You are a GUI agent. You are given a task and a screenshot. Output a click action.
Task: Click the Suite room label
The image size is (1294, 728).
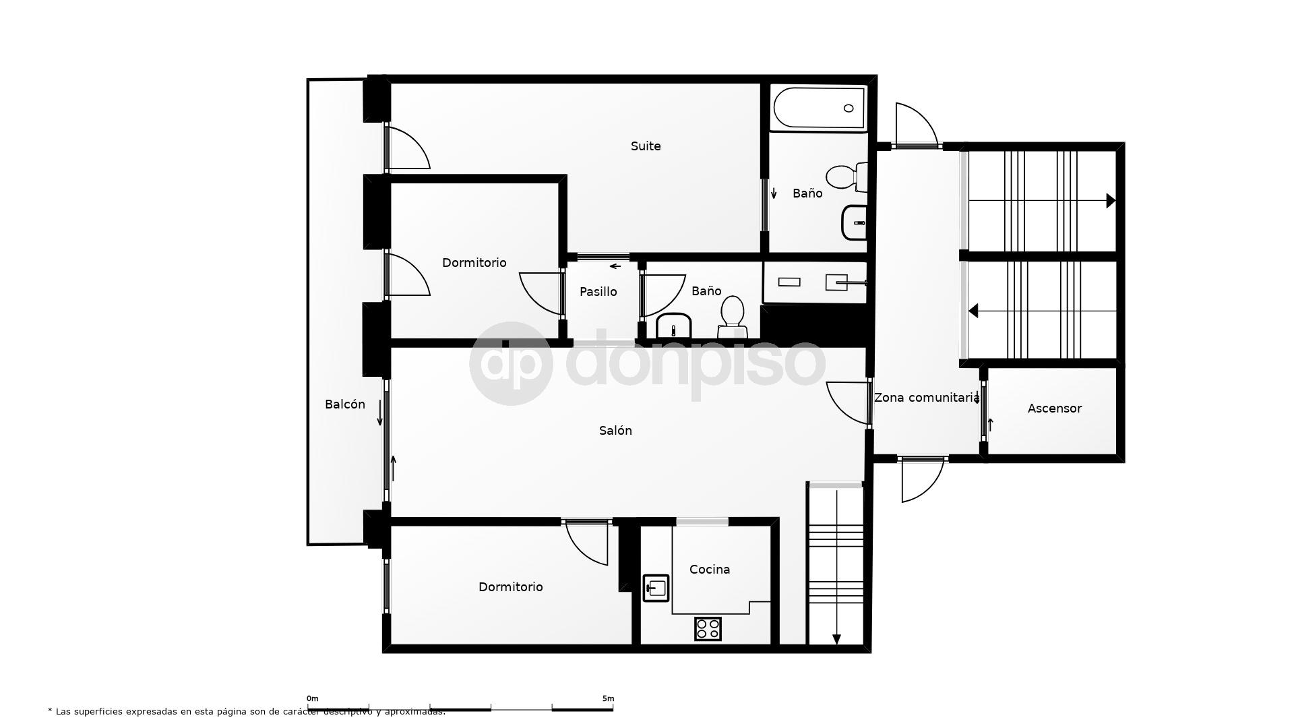click(645, 146)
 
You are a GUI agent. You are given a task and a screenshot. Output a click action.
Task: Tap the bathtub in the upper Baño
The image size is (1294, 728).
click(818, 109)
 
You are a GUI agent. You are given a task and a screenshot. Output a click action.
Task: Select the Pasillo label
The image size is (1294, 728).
click(598, 292)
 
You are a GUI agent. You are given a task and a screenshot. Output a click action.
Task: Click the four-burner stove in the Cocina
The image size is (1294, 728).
click(708, 629)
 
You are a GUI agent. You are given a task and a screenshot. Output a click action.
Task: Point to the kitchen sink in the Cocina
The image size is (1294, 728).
click(655, 588)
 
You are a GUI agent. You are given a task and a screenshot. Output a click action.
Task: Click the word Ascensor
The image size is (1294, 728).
click(1054, 408)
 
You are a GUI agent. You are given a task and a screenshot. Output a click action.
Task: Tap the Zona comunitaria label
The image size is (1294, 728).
click(926, 398)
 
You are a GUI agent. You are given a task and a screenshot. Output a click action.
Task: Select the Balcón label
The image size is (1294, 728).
click(344, 404)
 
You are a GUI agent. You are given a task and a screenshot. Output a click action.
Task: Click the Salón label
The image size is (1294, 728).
click(615, 431)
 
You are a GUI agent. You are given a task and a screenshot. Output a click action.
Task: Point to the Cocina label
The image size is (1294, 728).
click(709, 570)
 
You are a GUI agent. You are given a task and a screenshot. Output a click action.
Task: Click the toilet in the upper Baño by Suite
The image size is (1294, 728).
click(845, 177)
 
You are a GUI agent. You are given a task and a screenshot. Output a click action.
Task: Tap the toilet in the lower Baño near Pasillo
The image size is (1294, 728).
click(732, 317)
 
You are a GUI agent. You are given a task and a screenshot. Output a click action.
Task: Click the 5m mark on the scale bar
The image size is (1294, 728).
click(608, 699)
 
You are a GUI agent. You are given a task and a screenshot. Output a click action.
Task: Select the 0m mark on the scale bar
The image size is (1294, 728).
click(312, 699)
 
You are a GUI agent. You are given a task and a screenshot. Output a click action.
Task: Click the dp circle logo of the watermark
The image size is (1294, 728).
click(511, 364)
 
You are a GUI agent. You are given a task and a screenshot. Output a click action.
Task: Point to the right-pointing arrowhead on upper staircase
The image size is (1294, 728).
click(1111, 201)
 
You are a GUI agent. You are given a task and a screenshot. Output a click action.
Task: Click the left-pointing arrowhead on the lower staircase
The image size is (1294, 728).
click(973, 311)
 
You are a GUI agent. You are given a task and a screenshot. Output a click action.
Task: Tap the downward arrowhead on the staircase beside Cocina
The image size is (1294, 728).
click(836, 639)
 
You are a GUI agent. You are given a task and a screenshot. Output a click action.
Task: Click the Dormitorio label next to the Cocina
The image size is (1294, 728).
click(510, 587)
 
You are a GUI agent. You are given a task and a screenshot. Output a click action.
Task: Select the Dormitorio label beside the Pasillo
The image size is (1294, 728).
click(474, 263)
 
